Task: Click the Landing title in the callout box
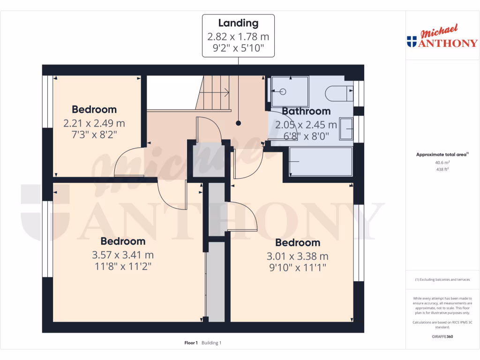pos(238,23)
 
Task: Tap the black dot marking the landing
pos(239,123)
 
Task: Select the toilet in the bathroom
pos(339,92)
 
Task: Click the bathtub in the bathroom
pos(321,162)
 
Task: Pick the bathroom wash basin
pos(346,129)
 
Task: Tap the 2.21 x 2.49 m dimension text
pos(94,124)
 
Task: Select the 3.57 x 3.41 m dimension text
pos(123,255)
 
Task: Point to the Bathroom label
pos(306,112)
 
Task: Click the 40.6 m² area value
pos(442,163)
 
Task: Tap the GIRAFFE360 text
pos(442,337)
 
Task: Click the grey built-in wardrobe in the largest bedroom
pos(216,281)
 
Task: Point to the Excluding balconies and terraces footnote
pos(442,279)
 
